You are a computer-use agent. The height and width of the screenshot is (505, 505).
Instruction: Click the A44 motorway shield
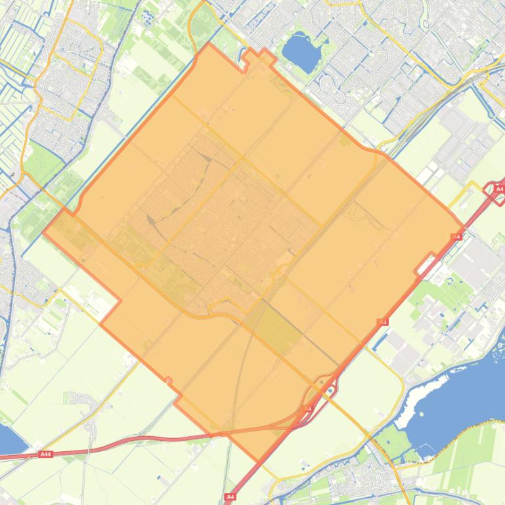pyautogui.click(x=45, y=454)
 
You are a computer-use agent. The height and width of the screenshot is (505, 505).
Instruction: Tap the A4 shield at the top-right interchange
pyautogui.click(x=499, y=189)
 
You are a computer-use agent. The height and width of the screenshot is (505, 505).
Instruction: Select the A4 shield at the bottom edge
pyautogui.click(x=230, y=497)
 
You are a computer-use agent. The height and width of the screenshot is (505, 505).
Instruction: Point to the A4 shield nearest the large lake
pyautogui.click(x=382, y=322)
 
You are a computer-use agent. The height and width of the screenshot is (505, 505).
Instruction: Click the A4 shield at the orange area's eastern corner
pyautogui.click(x=456, y=237)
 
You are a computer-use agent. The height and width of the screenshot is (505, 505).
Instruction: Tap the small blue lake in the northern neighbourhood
pyautogui.click(x=299, y=51)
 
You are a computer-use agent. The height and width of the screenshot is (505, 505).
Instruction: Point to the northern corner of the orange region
pyautogui.click(x=209, y=44)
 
